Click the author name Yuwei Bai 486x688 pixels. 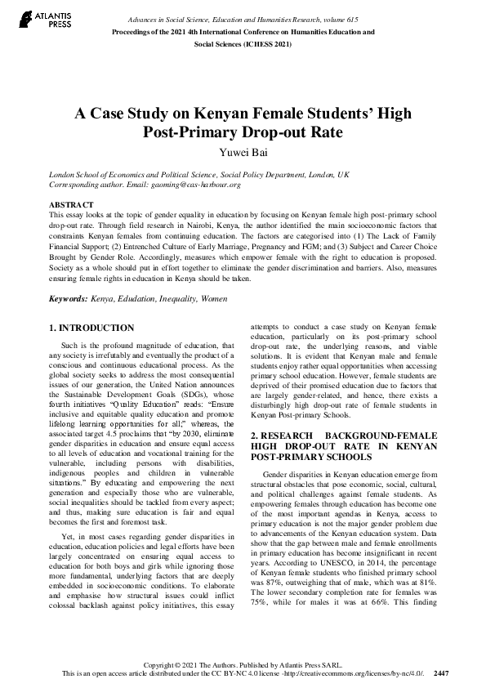tap(243, 150)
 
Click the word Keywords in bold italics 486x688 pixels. tap(68, 300)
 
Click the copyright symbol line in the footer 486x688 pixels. tap(243, 663)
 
